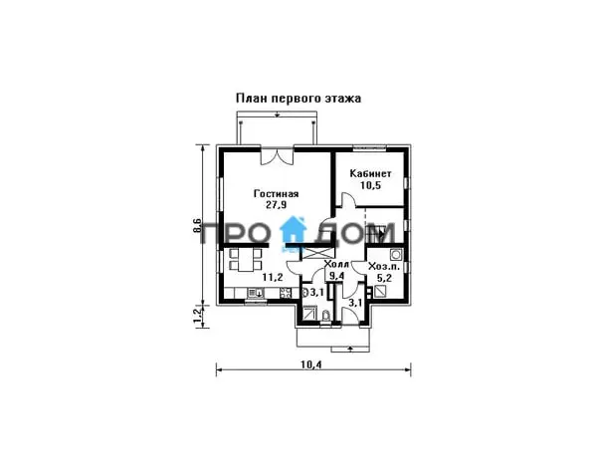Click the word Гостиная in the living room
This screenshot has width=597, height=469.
276,194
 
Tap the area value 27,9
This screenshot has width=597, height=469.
276,205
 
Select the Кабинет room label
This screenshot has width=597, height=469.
370,173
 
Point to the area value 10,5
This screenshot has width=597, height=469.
370,185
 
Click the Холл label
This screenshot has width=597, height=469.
336,265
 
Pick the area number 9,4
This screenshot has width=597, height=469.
336,276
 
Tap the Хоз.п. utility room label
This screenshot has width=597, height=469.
384,266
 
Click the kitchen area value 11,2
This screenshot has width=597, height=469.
273,278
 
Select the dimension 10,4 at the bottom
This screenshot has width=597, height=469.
311,364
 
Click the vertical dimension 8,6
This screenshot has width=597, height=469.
197,226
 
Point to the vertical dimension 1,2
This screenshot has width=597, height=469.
197,316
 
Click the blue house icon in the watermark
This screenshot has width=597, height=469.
294,229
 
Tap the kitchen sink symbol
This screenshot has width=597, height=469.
255,293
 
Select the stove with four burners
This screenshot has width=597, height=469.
286,293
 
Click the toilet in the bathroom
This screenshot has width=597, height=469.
326,316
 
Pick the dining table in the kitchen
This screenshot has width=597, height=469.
247,260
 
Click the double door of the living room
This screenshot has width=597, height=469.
277,155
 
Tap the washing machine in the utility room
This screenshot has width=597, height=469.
396,254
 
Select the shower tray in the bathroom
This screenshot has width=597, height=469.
309,315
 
